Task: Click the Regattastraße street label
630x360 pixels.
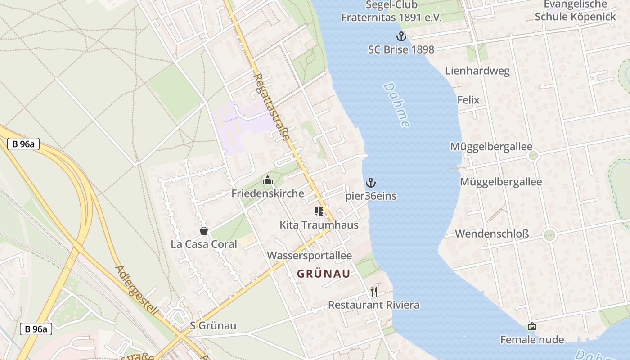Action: coord(271,107)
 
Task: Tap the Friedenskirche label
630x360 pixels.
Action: coord(268,193)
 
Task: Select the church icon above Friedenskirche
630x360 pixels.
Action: coord(268,180)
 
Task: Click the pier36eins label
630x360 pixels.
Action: coord(371,196)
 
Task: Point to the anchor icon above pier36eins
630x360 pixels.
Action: coord(371,183)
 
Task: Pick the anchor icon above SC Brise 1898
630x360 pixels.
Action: coord(401,36)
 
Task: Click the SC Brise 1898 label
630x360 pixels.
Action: coord(401,49)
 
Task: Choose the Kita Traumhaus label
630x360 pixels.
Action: coord(319,225)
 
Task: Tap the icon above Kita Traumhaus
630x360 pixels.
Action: coord(319,211)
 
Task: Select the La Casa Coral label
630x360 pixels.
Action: coord(204,244)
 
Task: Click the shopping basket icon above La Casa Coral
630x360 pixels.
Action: coord(204,231)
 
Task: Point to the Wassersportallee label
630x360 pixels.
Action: coord(309,256)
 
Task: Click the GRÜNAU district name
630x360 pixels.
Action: coord(324,274)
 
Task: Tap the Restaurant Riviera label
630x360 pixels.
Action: coord(373,305)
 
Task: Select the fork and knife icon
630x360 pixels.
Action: coord(373,292)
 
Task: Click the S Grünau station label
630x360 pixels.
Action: coord(213,326)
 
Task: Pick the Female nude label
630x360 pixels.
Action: coord(532,339)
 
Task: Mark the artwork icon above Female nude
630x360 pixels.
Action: coord(532,326)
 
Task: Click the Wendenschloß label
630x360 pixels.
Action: coord(492,234)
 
